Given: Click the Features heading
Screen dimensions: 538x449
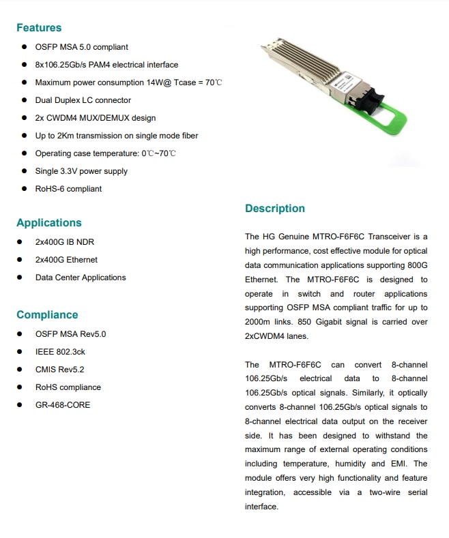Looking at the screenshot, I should click(39, 28).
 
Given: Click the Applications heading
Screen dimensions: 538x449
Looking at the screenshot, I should click(48, 223).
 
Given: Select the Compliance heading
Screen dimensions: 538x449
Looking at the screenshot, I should click(47, 315).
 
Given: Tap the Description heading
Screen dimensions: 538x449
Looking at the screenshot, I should click(275, 209).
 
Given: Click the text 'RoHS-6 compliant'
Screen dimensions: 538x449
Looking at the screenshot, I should click(68, 189).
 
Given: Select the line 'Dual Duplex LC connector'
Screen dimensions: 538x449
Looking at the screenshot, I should click(83, 100).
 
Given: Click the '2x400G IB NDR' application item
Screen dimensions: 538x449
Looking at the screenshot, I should click(65, 242).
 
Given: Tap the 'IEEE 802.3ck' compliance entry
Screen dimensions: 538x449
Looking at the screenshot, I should click(60, 352).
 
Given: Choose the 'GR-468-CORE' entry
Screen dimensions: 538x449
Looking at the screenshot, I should click(63, 405).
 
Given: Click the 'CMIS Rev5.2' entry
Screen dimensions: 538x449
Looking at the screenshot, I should click(59, 370).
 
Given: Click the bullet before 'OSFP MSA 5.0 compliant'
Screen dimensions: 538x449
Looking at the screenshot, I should click(24, 47).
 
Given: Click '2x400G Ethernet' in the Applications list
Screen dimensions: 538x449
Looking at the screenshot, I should click(66, 260).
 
